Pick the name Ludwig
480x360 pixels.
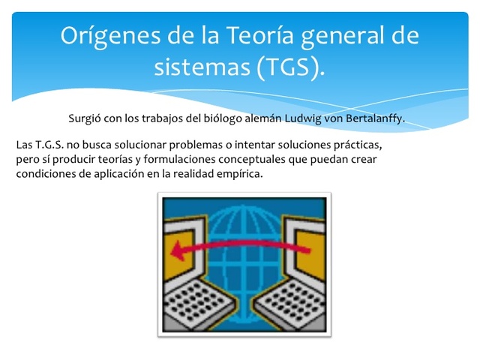click(x=296, y=118)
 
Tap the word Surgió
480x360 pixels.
click(x=85, y=118)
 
